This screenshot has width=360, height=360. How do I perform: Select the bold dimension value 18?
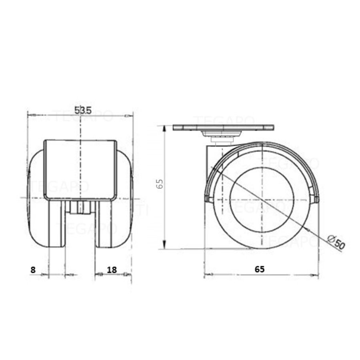pyautogui.click(x=112, y=270)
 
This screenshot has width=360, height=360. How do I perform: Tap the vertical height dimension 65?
pyautogui.click(x=160, y=184)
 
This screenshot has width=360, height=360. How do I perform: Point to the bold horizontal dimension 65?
pyautogui.click(x=260, y=269)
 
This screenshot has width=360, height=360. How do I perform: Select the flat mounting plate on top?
pyautogui.click(x=224, y=128)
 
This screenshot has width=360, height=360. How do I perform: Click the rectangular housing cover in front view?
pyautogui.click(x=80, y=170)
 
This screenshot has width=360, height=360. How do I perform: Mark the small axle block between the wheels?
pyautogui.click(x=80, y=208)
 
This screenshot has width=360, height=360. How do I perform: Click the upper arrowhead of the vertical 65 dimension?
pyautogui.click(x=164, y=127)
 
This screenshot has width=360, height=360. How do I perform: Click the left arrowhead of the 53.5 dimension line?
pyautogui.click(x=29, y=116)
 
